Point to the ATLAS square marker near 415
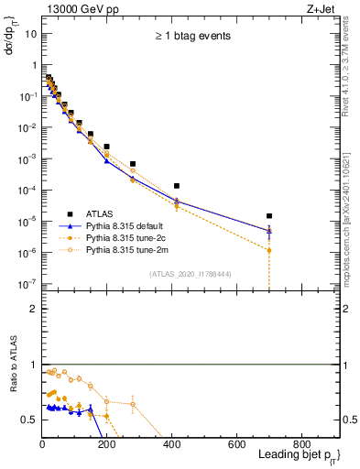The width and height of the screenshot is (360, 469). pyautogui.click(x=176, y=186)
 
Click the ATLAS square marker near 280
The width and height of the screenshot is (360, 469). pyautogui.click(x=133, y=164)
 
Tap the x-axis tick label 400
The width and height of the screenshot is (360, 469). pyautogui.click(x=171, y=445)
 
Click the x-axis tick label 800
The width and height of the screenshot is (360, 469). pyautogui.click(x=301, y=445)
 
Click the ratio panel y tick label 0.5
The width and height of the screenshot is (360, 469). pyautogui.click(x=28, y=420)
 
